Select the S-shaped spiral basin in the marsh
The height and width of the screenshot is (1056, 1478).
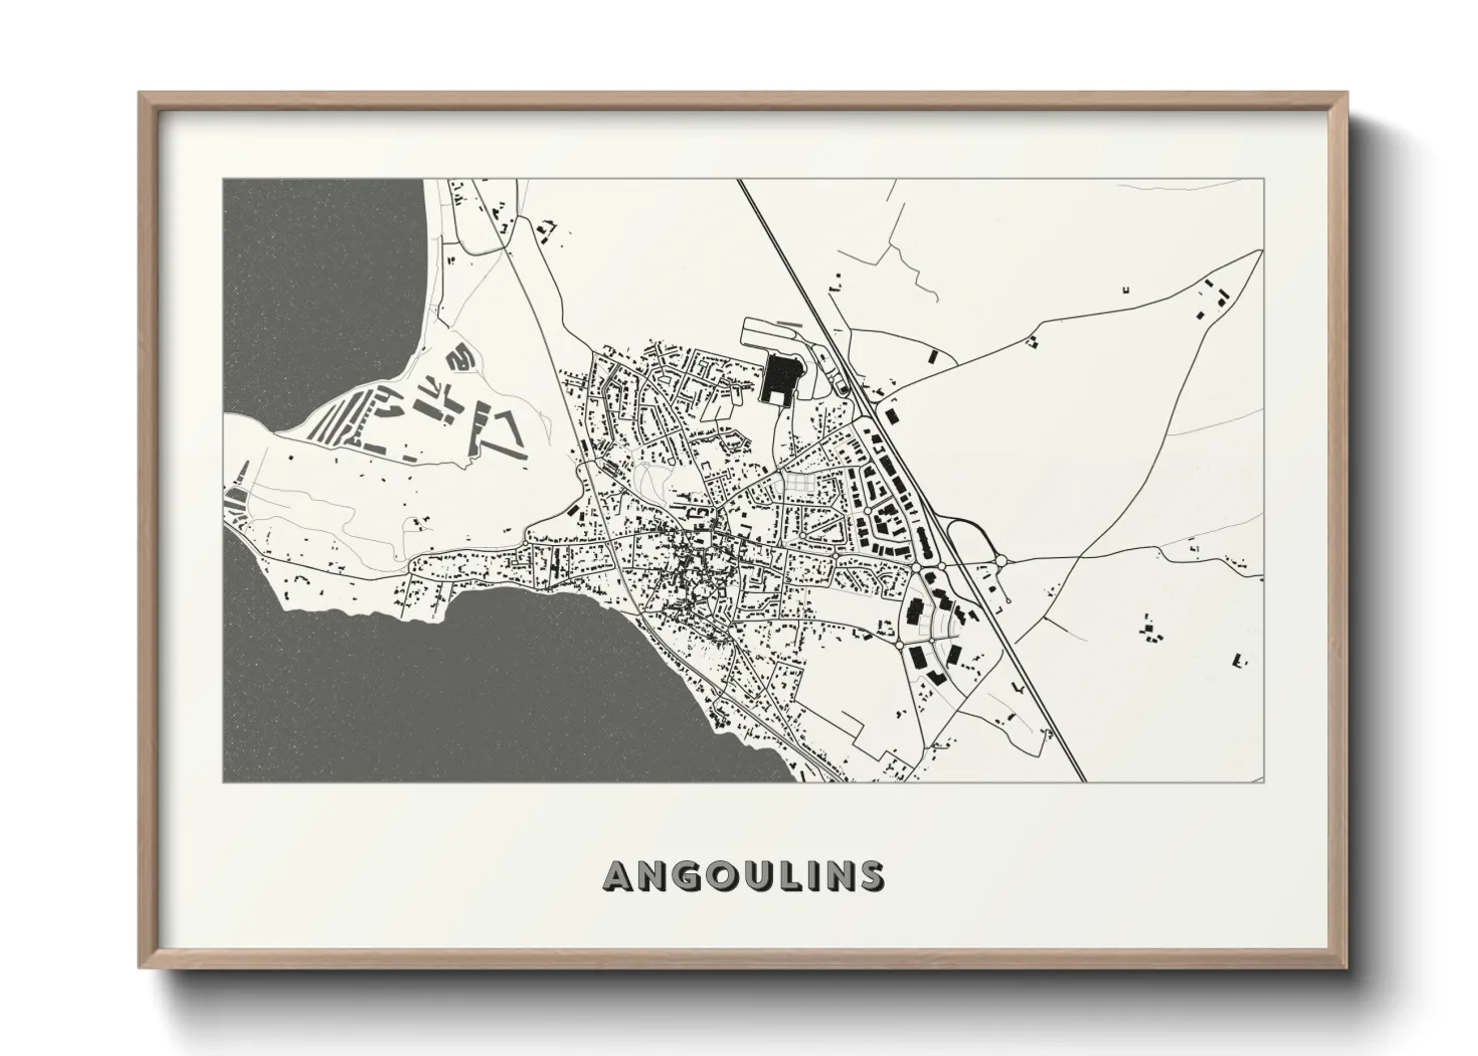coord(459,354)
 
